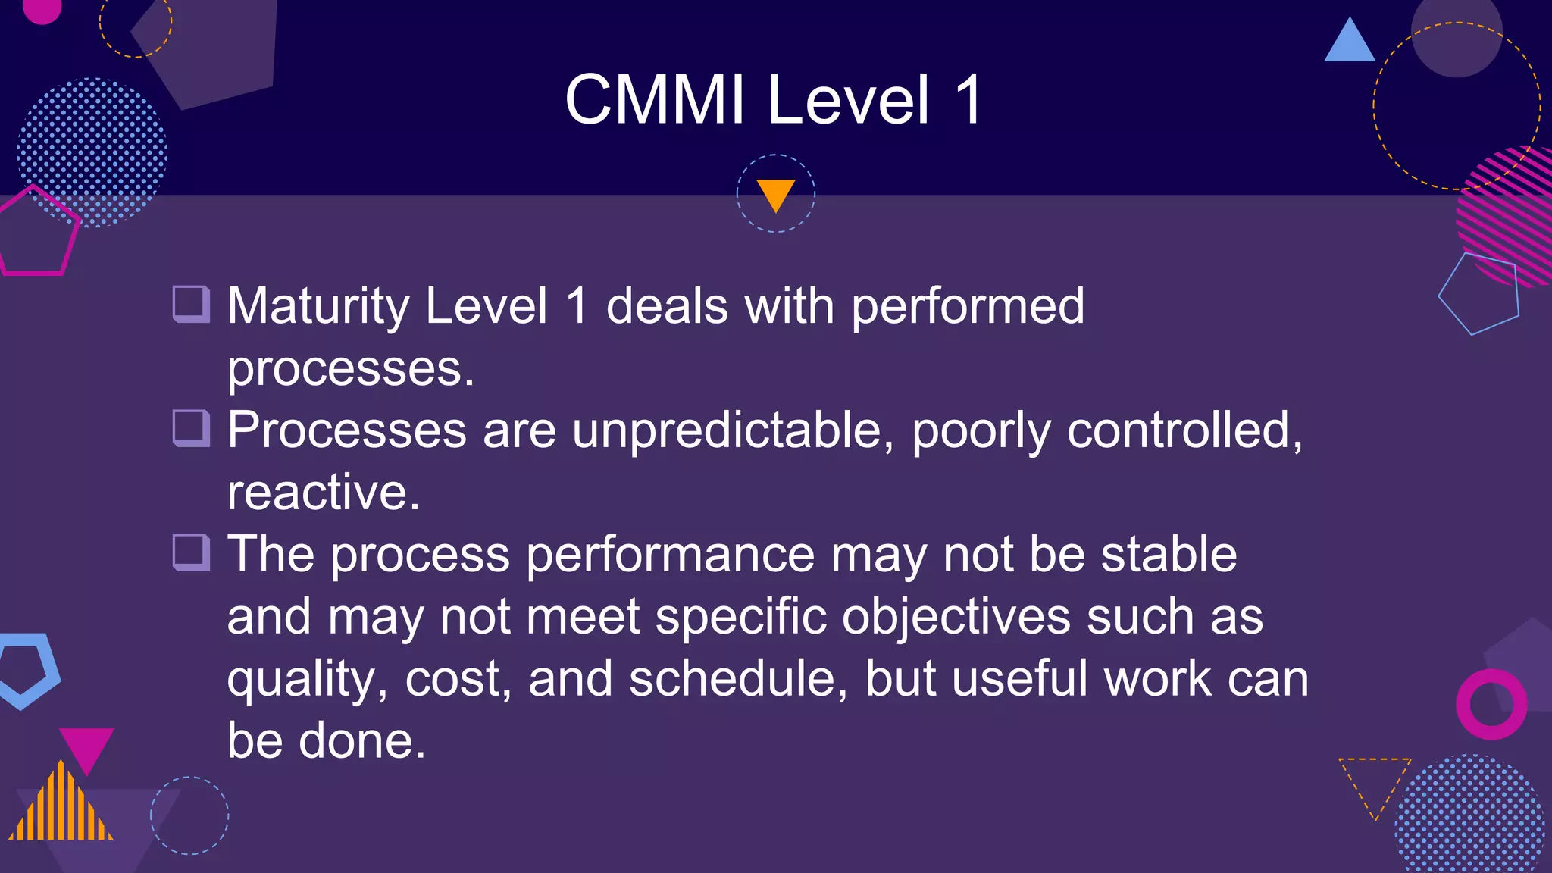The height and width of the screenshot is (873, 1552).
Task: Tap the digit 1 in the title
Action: click(968, 100)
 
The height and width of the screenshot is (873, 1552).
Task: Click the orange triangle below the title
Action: click(775, 192)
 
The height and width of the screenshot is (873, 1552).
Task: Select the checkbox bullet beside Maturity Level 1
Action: click(191, 305)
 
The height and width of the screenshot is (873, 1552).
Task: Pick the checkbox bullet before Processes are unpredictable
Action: click(191, 429)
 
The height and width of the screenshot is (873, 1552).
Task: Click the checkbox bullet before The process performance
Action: click(191, 553)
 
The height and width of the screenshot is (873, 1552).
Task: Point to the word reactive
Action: click(323, 493)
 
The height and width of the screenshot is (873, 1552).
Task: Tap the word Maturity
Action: click(318, 307)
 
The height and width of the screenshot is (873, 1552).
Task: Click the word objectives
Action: click(956, 618)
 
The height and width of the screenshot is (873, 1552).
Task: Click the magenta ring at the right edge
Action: click(1491, 704)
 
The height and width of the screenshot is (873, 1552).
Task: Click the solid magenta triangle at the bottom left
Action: click(86, 746)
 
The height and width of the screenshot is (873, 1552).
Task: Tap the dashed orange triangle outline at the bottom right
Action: click(1374, 781)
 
